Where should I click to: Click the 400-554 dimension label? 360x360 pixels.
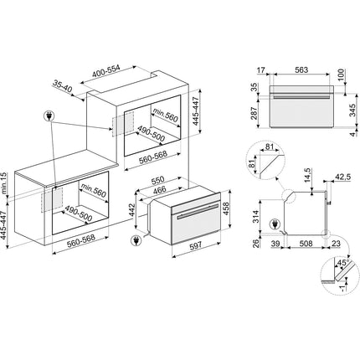pyautogui.click(x=106, y=72)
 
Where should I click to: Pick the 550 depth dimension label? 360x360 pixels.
pyautogui.click(x=157, y=180)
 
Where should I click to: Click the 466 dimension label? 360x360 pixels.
pyautogui.click(x=160, y=190)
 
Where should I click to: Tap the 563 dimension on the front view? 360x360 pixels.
pyautogui.click(x=301, y=69)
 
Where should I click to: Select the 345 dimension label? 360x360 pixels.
pyautogui.click(x=352, y=111)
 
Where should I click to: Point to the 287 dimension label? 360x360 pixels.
pyautogui.click(x=254, y=113)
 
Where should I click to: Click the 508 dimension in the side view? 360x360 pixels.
pyautogui.click(x=306, y=244)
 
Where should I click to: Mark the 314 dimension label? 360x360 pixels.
pyautogui.click(x=255, y=216)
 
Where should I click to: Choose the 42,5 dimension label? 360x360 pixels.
pyautogui.click(x=342, y=177)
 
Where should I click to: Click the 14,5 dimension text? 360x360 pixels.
pyautogui.click(x=307, y=175)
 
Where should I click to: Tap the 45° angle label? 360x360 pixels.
pyautogui.click(x=343, y=263)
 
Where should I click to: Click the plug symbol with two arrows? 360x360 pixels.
pyautogui.click(x=49, y=116)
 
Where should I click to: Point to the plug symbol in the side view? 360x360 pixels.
pyautogui.click(x=275, y=224)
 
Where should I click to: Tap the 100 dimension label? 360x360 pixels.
pyautogui.click(x=342, y=75)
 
